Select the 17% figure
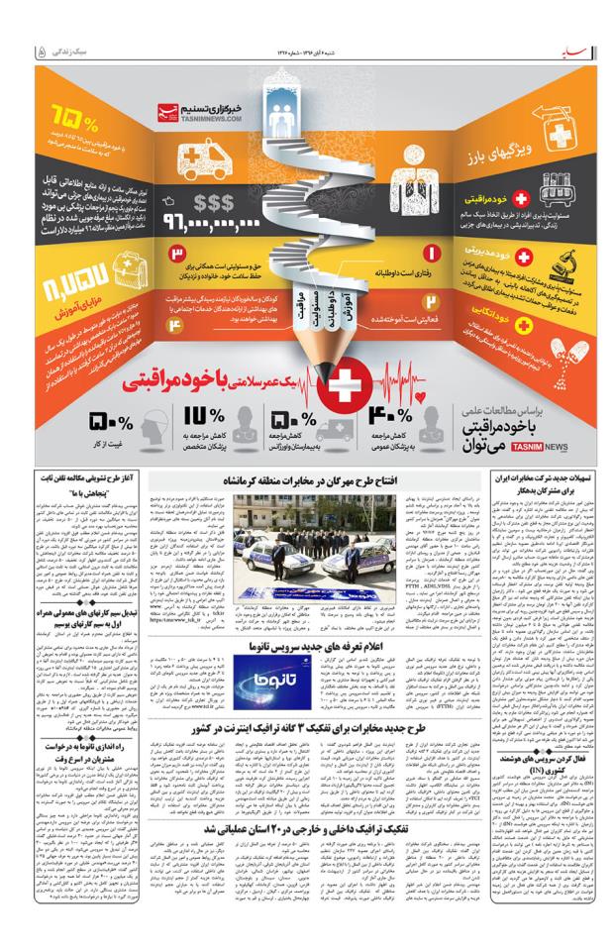click(x=201, y=418)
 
